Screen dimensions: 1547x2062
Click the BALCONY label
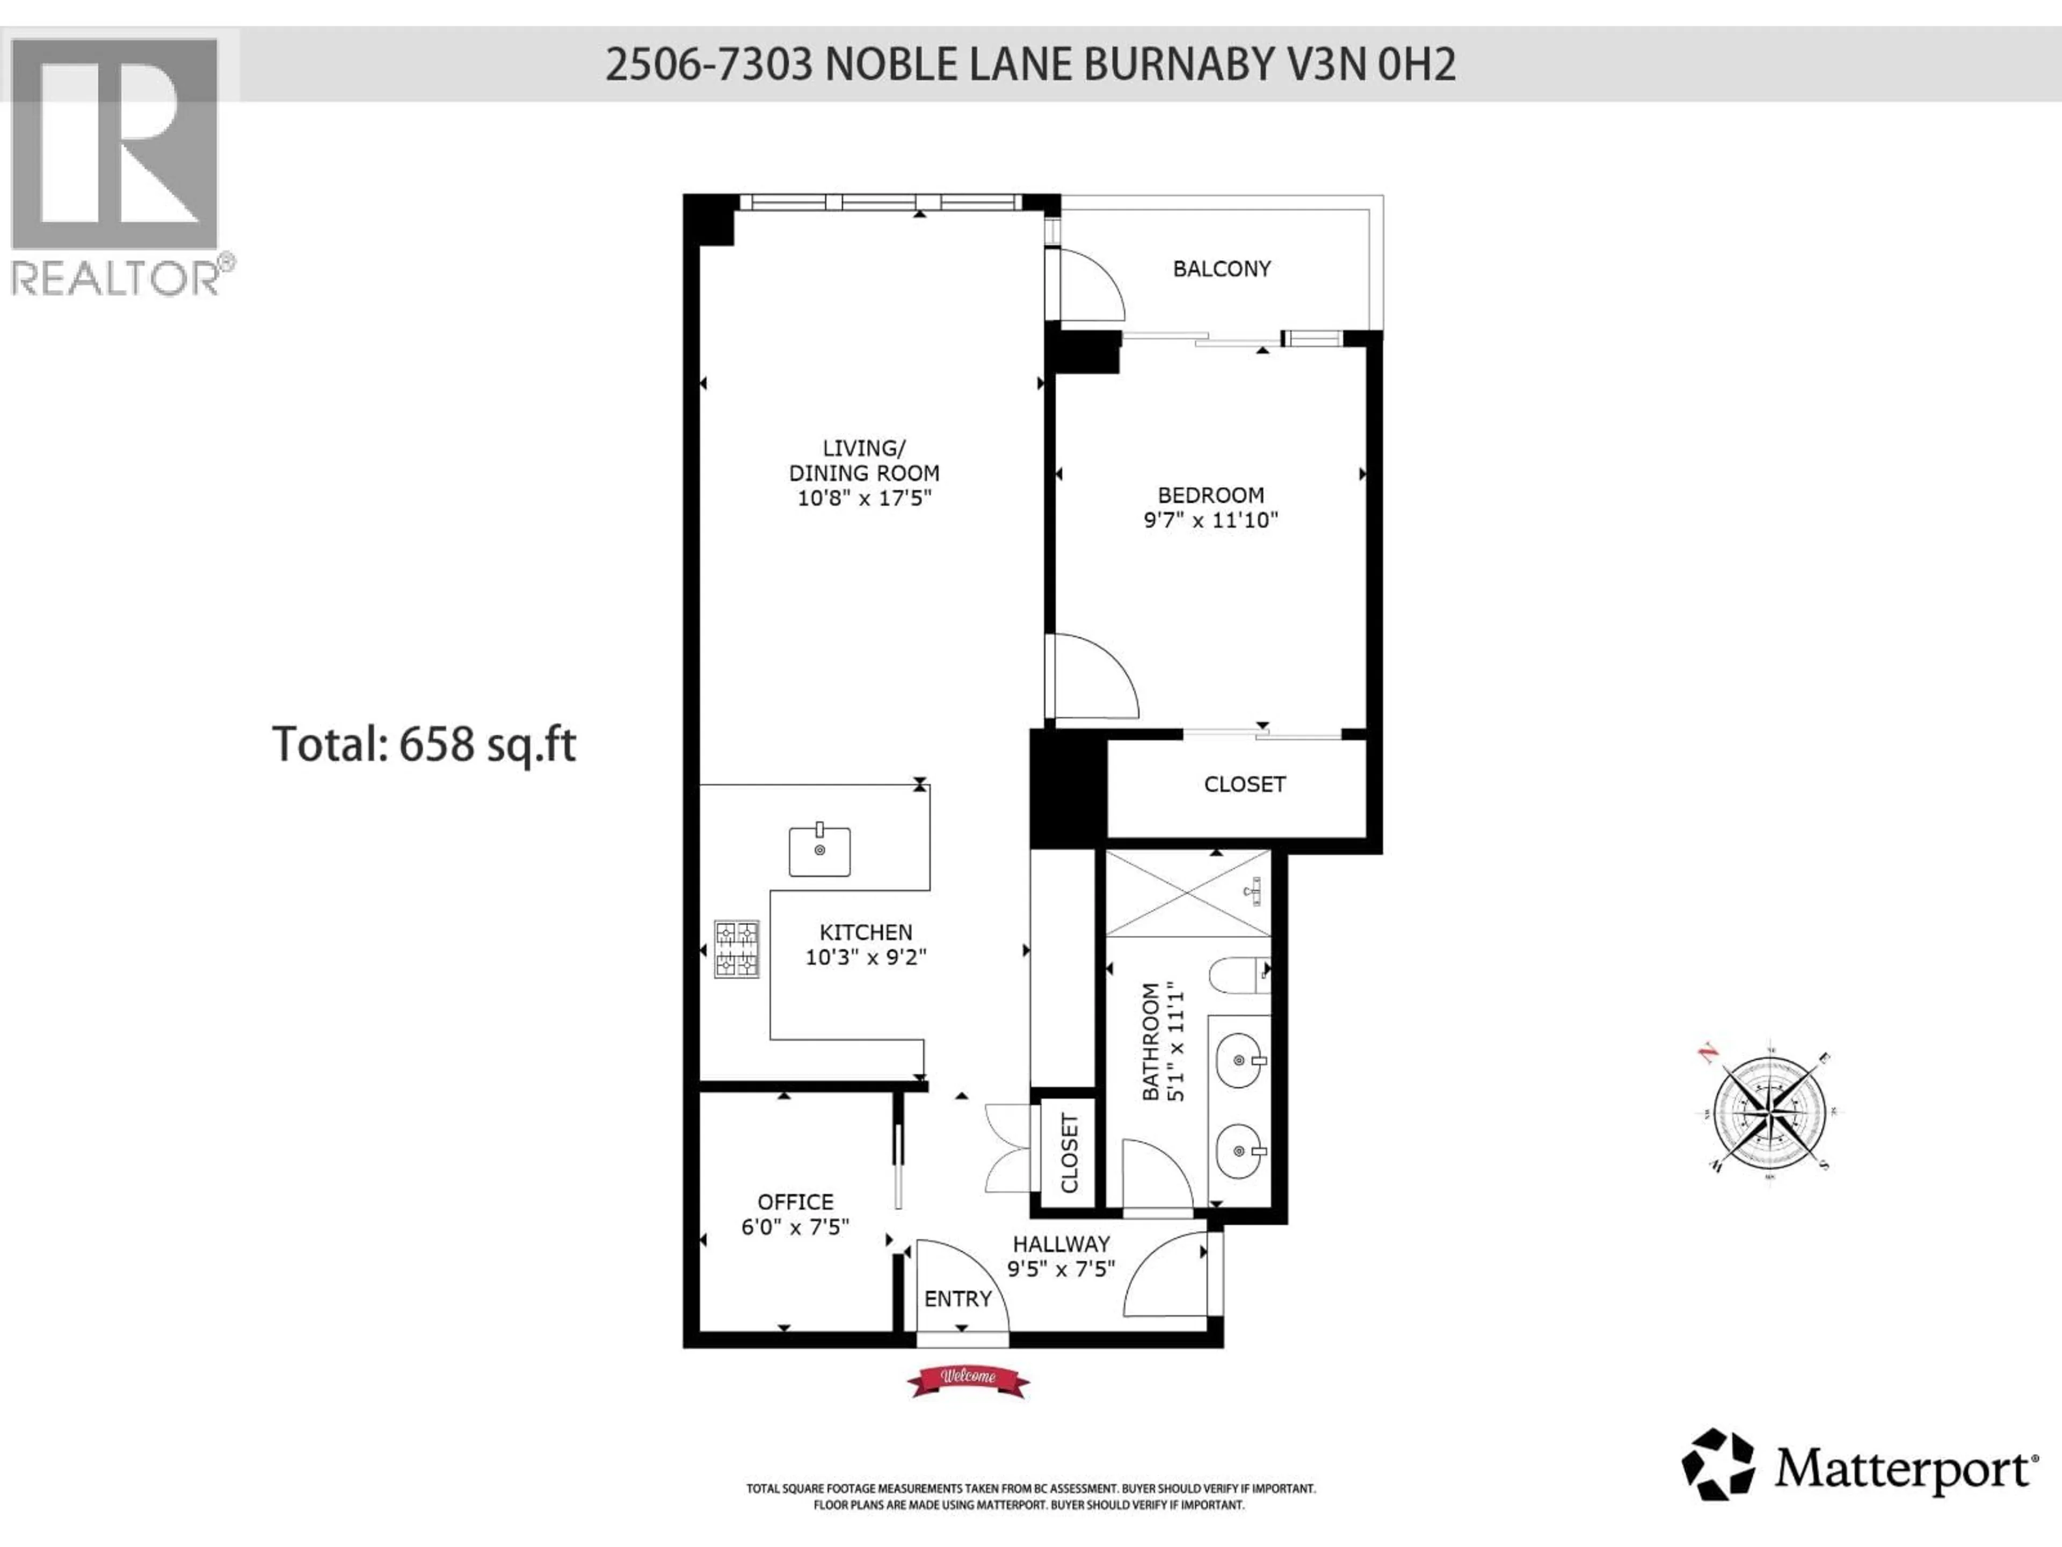tap(1221, 269)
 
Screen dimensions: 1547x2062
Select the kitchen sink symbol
tap(819, 850)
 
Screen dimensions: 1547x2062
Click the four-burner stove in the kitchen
tap(736, 948)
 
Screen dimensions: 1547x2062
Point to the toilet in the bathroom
tap(1237, 975)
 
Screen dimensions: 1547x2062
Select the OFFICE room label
tap(795, 1202)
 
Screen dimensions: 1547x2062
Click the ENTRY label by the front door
tap(957, 1299)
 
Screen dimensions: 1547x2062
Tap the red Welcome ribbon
tap(968, 1380)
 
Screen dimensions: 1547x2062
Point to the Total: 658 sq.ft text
tap(424, 744)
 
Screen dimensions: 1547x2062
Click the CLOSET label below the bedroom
tap(1245, 784)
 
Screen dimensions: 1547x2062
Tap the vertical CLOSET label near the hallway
tap(1069, 1153)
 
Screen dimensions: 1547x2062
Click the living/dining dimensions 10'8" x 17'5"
tap(864, 498)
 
